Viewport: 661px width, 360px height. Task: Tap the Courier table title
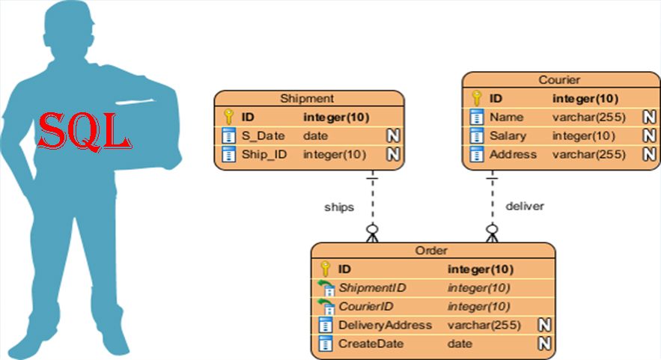(x=559, y=79)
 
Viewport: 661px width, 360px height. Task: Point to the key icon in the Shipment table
(x=230, y=117)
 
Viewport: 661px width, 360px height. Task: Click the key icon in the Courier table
(x=476, y=98)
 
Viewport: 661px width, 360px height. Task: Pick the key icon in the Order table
(x=325, y=269)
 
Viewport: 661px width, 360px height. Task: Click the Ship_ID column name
(x=261, y=154)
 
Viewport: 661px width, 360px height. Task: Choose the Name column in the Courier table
(x=506, y=117)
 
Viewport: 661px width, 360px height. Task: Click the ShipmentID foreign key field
(x=372, y=287)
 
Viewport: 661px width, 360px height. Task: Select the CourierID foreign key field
(x=366, y=306)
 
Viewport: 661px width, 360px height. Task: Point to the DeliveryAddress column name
(x=385, y=325)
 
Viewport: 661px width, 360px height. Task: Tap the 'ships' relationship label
(x=338, y=205)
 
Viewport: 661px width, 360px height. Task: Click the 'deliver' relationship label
(x=525, y=205)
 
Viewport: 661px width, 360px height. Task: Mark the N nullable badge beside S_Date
(x=393, y=135)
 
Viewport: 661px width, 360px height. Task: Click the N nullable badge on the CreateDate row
(x=545, y=344)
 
